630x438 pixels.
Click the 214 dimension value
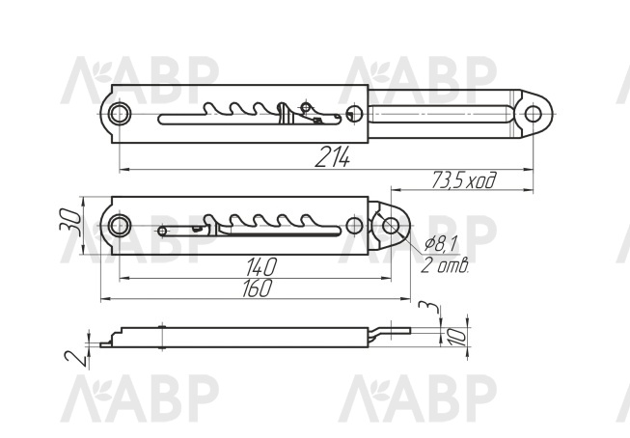332,156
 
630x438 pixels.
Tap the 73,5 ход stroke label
464,180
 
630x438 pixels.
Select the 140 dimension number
261,267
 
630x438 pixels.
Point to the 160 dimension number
258,288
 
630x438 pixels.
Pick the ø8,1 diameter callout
441,244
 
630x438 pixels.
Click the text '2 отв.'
445,265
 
